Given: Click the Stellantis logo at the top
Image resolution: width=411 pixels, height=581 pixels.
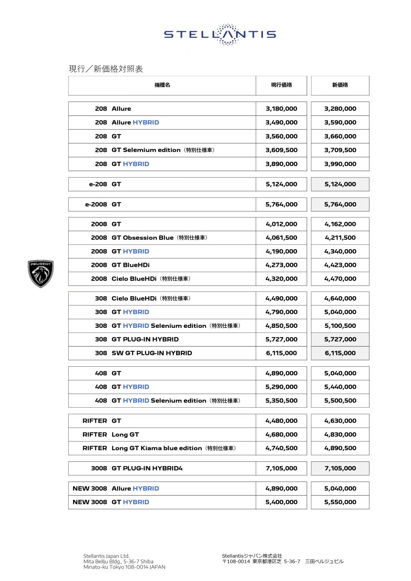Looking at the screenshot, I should [x=220, y=35].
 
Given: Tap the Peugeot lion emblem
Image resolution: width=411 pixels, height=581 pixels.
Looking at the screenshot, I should [x=41, y=274].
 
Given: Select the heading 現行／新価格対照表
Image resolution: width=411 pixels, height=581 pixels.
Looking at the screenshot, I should [x=106, y=69].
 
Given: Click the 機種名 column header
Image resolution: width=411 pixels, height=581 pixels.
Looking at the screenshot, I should [x=162, y=85].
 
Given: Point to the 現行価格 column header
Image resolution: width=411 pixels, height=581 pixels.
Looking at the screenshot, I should [x=281, y=85].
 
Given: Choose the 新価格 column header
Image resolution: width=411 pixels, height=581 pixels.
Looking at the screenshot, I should [x=340, y=85].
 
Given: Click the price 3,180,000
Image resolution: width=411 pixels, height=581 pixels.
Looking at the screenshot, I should [x=281, y=109].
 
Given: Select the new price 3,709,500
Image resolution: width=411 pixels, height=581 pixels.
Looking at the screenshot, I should [x=340, y=150].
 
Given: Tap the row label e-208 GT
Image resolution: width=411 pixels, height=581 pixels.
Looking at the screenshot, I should [x=105, y=184].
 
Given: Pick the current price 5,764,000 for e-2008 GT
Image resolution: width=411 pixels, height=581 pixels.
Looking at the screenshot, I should [x=281, y=204].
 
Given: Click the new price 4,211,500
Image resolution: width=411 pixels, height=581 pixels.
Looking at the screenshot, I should [x=340, y=238].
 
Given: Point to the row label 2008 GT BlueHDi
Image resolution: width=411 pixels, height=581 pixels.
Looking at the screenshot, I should [x=120, y=265].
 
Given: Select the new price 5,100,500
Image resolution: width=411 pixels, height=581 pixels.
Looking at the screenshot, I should [x=340, y=326].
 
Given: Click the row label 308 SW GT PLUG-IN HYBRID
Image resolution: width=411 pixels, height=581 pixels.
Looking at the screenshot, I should [x=143, y=353].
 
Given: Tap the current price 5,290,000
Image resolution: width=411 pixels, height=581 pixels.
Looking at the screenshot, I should [x=281, y=387].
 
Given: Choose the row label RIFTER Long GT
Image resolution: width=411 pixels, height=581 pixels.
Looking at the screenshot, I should [x=111, y=435].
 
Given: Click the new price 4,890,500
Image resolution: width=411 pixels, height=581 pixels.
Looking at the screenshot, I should [x=340, y=448].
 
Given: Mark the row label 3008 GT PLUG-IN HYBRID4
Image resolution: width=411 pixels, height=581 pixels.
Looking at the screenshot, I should [x=136, y=468].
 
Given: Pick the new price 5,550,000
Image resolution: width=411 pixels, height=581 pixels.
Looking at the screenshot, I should [x=340, y=502].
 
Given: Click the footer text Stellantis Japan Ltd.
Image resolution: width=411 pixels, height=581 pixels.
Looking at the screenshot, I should [x=106, y=556].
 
